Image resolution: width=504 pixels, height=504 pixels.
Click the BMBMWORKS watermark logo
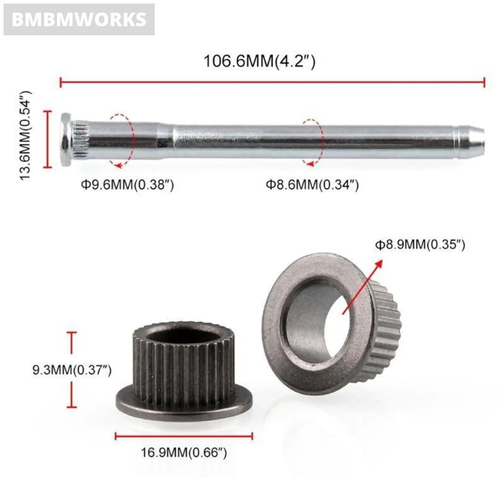point(79,20)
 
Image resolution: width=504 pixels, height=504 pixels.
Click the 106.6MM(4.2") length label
point(259,62)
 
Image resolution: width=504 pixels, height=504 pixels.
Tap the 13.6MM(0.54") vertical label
point(27,135)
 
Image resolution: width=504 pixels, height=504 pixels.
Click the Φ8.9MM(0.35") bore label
point(420,245)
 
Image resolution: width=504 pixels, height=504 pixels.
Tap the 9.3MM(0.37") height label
point(72,370)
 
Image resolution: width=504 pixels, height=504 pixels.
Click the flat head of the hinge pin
point(65,139)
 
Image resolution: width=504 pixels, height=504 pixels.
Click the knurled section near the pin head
point(79,139)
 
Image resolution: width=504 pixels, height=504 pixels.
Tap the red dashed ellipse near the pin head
point(122,140)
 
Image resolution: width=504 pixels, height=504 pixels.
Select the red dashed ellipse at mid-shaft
point(313,142)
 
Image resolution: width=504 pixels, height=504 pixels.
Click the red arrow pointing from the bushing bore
point(363,286)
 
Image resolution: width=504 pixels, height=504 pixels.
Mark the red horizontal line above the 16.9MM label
point(184,436)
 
